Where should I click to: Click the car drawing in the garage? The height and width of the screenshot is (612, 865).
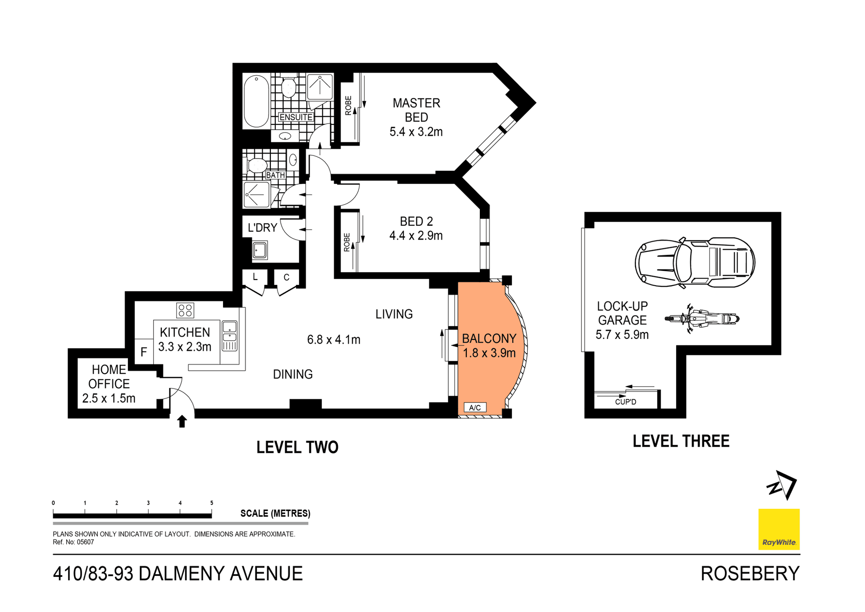695,262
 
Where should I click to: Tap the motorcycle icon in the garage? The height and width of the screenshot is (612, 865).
702,319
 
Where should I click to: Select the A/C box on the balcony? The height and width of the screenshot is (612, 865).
475,407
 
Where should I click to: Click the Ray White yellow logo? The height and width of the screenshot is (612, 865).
779,529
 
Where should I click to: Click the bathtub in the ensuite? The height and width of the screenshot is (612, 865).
256,101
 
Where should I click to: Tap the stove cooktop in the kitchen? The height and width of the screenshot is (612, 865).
185,310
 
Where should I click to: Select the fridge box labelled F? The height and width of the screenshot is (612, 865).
144,352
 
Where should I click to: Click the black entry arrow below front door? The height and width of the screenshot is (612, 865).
182,421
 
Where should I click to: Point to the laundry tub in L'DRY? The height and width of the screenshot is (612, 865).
260,250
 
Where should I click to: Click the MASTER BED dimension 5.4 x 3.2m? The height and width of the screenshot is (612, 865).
416,132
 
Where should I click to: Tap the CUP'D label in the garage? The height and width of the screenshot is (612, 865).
625,402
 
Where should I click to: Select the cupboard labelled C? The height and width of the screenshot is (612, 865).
287,278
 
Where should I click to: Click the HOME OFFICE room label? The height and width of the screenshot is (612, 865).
109,377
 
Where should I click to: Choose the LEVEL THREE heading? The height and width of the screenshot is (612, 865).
681,441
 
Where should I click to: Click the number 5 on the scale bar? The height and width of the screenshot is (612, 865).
212,503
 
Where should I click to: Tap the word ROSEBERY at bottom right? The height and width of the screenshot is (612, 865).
750,574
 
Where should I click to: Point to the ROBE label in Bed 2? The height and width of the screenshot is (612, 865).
346,242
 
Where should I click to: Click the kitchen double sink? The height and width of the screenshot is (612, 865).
230,336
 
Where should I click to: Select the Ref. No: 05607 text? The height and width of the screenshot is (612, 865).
73,542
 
